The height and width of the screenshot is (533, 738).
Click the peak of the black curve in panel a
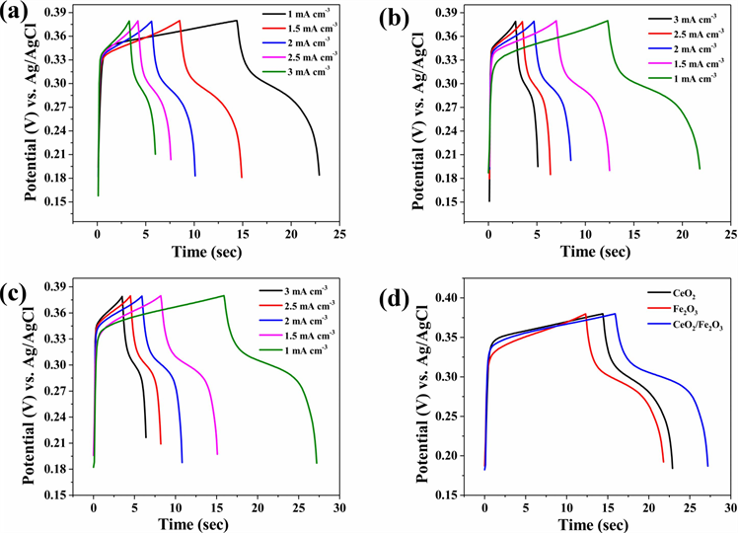(237, 21)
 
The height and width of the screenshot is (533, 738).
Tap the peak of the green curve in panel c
(224, 295)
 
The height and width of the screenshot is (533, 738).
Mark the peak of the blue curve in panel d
(615, 314)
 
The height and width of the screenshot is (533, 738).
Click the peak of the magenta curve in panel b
(555, 21)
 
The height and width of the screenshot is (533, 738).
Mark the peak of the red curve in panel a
(180, 21)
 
